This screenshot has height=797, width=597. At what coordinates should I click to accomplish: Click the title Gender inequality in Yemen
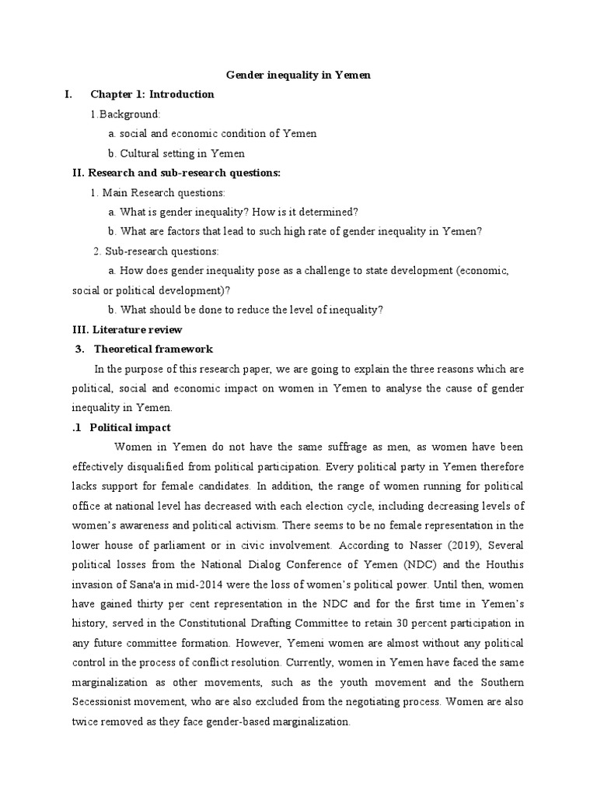(x=298, y=75)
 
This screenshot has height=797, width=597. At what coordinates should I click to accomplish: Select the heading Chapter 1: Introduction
(x=152, y=94)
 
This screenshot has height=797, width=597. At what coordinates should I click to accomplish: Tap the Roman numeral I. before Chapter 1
(x=69, y=94)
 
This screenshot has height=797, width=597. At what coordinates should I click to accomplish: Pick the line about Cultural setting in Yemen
(x=176, y=153)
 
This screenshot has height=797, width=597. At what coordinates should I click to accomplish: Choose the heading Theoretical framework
(x=153, y=349)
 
